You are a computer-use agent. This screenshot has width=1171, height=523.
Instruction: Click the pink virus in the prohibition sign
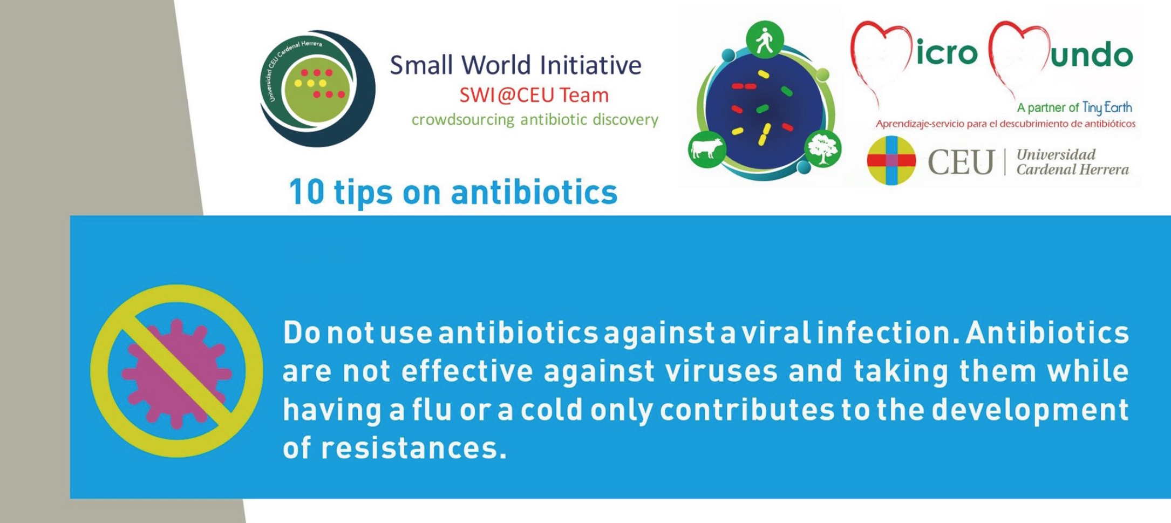(176, 372)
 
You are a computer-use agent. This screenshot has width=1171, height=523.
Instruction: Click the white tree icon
(822, 148)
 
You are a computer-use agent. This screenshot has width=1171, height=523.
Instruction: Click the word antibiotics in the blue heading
(534, 192)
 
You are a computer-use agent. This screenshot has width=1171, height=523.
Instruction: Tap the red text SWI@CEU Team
(534, 95)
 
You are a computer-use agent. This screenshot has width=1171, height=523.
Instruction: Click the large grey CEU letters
(961, 162)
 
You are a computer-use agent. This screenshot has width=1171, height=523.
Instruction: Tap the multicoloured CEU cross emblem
(891, 160)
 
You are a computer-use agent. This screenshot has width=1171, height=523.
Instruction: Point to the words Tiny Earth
(1107, 108)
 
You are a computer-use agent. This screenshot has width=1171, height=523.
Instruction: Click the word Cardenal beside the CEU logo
(1044, 169)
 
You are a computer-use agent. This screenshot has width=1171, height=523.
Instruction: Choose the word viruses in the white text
(721, 371)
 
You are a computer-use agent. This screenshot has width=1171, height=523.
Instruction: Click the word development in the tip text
(1030, 411)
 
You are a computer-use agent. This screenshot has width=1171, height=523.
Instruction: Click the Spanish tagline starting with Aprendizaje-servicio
(1005, 124)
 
